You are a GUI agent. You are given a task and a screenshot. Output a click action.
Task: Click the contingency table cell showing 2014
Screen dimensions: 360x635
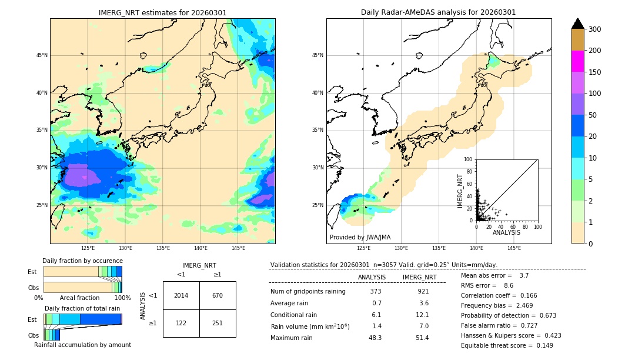[x=181, y=295]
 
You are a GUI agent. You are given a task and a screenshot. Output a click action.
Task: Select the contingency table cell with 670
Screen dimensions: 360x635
[x=217, y=295]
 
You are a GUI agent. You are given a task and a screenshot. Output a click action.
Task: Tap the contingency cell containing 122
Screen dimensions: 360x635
[x=181, y=323]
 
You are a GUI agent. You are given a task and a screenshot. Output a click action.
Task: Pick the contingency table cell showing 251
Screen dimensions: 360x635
[x=217, y=323]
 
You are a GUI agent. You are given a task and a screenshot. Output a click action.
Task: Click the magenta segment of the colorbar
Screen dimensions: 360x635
[x=577, y=61]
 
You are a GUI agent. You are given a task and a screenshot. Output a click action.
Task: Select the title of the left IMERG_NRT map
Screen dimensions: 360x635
[x=162, y=12]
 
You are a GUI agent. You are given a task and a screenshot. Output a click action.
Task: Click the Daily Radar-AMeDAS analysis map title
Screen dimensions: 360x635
[x=438, y=12]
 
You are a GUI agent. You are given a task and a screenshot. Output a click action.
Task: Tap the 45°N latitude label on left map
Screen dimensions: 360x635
[x=42, y=55]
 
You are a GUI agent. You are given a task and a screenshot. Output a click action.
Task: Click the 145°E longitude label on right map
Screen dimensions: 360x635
[x=514, y=248]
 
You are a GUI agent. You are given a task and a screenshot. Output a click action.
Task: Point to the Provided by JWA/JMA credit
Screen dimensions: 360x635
[x=360, y=237]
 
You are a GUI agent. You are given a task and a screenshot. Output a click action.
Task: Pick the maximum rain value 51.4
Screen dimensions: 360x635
[x=422, y=338]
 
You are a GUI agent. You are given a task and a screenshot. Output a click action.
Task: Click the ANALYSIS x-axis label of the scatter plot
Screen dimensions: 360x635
[x=506, y=232]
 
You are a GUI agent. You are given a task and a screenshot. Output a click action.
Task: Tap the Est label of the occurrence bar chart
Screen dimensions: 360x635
[x=32, y=272]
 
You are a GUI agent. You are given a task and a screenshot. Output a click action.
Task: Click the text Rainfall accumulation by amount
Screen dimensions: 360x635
[x=82, y=345]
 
